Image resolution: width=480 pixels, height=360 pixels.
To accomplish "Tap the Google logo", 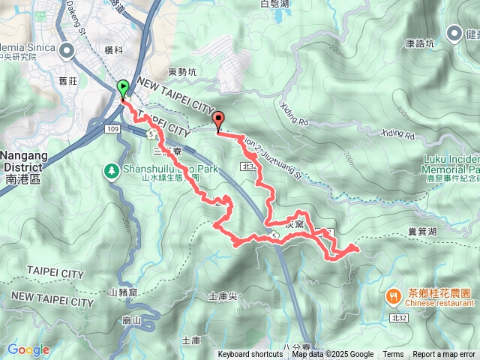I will click(28, 349).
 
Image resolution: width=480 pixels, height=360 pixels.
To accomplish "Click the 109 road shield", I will click(112, 130).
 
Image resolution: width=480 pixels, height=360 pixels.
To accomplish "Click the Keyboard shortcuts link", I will click(250, 355).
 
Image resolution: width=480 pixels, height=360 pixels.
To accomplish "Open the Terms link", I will click(393, 355).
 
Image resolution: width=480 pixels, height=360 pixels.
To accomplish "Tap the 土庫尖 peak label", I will click(223, 297).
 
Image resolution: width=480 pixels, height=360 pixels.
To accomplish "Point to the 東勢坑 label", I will click(182, 72).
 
